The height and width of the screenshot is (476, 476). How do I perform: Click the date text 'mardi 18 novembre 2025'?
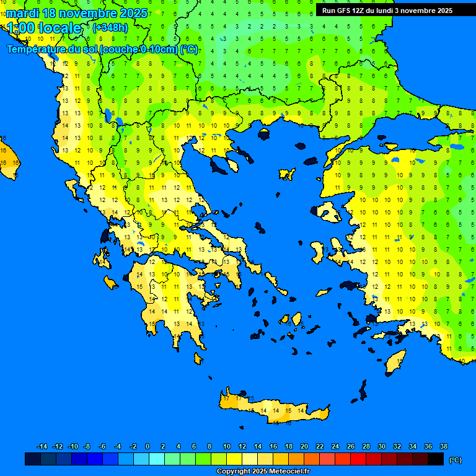[x=77, y=13]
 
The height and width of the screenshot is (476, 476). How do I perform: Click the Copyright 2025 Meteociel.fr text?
[x=262, y=471]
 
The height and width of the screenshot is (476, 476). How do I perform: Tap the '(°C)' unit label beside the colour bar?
[x=455, y=459]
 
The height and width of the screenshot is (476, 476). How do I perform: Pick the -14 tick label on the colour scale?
[x=42, y=446]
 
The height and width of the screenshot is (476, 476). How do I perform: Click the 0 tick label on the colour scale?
[x=148, y=446]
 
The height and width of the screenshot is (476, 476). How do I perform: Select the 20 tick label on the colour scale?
[x=304, y=446]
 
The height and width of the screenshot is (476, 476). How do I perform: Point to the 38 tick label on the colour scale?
[x=443, y=446]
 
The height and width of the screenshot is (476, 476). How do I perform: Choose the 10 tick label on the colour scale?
[x=226, y=446]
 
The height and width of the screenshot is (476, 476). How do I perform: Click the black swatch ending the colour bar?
[x=436, y=459]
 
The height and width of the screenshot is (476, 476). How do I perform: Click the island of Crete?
[x=273, y=410]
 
